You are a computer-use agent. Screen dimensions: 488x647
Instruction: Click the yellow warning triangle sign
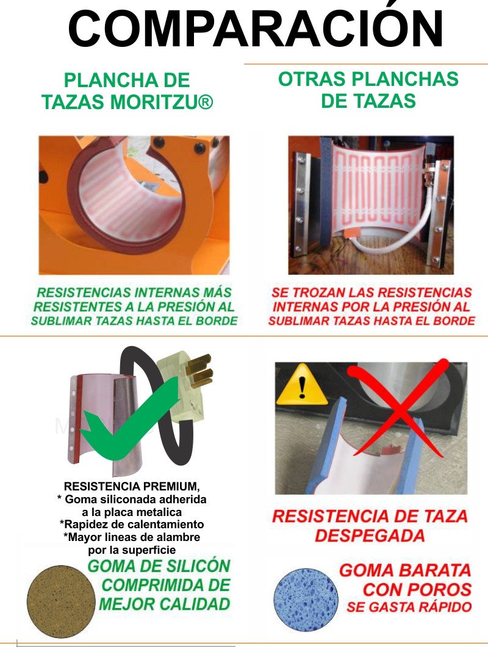(x=301, y=384)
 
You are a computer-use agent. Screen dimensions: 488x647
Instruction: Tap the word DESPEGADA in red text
(x=370, y=535)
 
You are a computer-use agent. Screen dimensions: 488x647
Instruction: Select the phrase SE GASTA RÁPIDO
(x=409, y=607)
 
